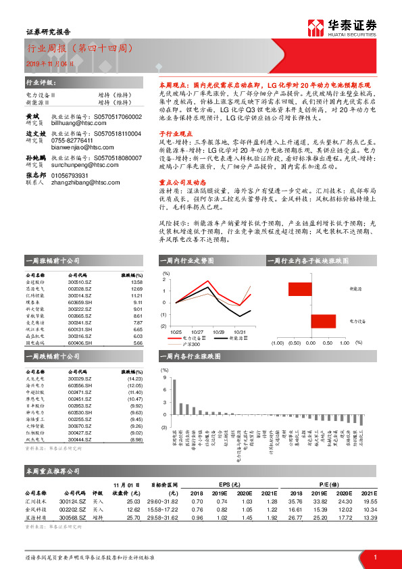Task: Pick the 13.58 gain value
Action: (137, 282)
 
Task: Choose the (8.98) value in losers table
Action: (135, 440)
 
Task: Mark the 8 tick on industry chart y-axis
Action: (162, 380)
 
